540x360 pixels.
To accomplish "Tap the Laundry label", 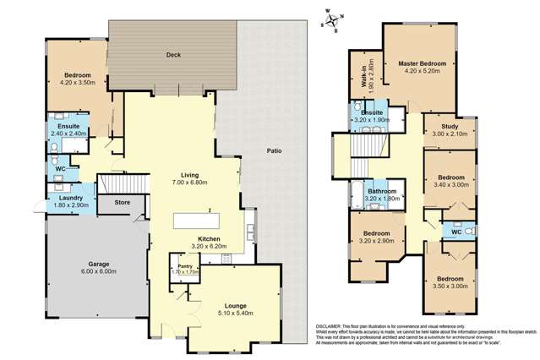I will tap(70, 198).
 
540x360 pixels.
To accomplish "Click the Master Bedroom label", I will tap(422, 63).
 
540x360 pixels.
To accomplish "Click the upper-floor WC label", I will tap(456, 231).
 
